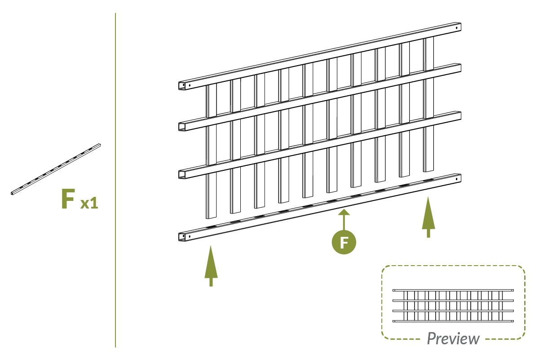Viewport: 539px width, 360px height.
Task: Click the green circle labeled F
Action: [x=344, y=242]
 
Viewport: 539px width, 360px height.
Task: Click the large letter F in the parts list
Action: [x=68, y=199]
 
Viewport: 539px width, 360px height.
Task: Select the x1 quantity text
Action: [x=89, y=203]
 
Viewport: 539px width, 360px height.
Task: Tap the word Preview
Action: [x=453, y=338]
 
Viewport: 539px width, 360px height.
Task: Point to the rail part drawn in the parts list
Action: [x=56, y=169]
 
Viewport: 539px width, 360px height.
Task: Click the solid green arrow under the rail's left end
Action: [x=211, y=266]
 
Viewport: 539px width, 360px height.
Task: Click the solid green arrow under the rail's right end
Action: [x=429, y=217]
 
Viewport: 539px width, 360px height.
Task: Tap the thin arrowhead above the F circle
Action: [x=344, y=212]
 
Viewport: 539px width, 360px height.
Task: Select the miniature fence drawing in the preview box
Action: [x=453, y=306]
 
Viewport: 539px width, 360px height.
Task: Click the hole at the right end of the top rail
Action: [x=457, y=28]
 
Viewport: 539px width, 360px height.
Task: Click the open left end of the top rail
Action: [x=181, y=86]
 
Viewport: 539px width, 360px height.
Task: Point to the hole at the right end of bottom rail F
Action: [x=457, y=179]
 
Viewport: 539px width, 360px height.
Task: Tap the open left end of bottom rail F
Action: [x=181, y=237]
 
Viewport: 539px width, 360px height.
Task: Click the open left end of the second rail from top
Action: [x=181, y=127]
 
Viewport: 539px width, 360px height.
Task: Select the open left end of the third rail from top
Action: [x=181, y=174]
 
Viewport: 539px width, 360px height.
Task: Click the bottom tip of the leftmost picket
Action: [x=211, y=218]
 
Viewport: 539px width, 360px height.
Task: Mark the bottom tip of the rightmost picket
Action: [x=429, y=171]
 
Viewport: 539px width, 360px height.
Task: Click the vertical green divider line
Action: [x=115, y=180]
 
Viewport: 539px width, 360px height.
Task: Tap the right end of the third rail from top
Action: [x=460, y=115]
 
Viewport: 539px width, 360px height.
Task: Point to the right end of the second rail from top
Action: [x=460, y=68]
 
